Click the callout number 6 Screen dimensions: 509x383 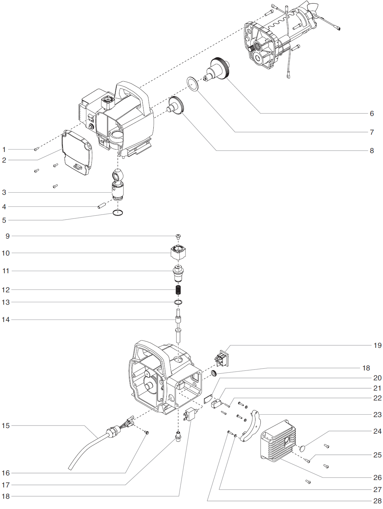(x=372, y=113)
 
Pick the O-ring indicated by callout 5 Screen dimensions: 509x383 (x=118, y=213)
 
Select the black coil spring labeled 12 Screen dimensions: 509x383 (x=178, y=289)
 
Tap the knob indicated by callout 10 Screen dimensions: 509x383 (x=178, y=252)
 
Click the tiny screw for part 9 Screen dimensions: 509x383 (x=178, y=236)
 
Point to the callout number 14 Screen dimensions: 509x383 (x=6, y=320)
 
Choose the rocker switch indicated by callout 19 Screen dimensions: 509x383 (x=222, y=358)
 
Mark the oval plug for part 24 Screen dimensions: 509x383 (x=302, y=449)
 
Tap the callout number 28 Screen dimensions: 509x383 (x=377, y=501)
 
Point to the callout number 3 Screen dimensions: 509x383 (x=4, y=192)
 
